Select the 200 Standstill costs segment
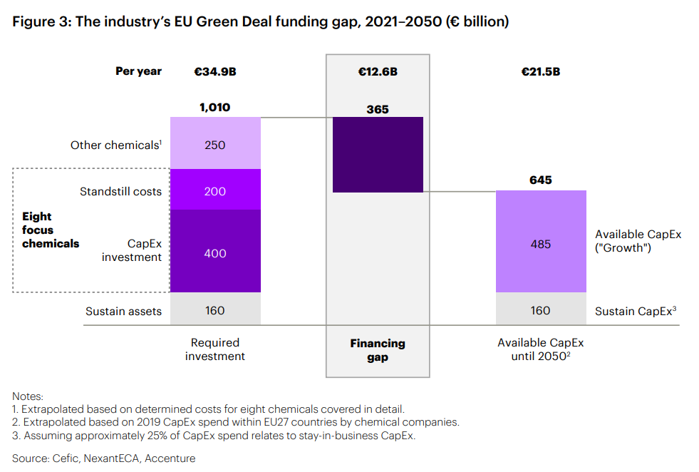pyautogui.click(x=215, y=190)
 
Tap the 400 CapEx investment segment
pyautogui.click(x=215, y=252)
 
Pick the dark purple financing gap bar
pyautogui.click(x=378, y=155)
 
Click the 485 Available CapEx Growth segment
pyautogui.click(x=541, y=242)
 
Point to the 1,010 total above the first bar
pyautogui.click(x=214, y=108)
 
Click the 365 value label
pyautogui.click(x=378, y=109)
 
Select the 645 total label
pyautogui.click(x=541, y=180)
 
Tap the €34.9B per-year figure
pyautogui.click(x=214, y=71)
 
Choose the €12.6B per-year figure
pyautogui.click(x=378, y=71)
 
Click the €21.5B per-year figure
pyautogui.click(x=541, y=71)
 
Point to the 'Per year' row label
pyautogui.click(x=138, y=71)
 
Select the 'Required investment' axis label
pyautogui.click(x=214, y=349)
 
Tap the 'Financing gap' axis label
pyautogui.click(x=378, y=350)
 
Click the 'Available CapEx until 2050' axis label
pyautogui.click(x=541, y=349)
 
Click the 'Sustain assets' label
pyautogui.click(x=123, y=311)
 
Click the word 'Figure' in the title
pyautogui.click(x=32, y=21)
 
